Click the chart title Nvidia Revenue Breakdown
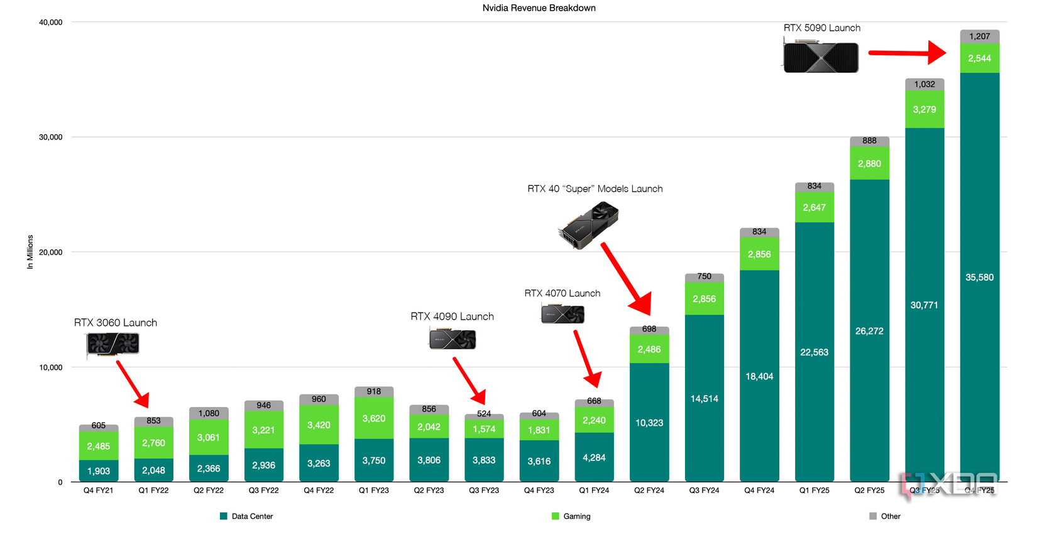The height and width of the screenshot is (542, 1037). [x=539, y=8]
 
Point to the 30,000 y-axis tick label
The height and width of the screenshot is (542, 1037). [x=51, y=138]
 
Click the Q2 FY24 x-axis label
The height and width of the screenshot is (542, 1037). [x=649, y=491]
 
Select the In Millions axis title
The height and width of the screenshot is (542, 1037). [x=30, y=252]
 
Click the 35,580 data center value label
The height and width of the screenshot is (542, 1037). [x=979, y=278]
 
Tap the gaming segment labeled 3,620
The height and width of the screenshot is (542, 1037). [x=374, y=418]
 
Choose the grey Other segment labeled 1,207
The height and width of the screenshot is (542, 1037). [x=979, y=36]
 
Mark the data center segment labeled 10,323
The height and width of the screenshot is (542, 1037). [x=649, y=423]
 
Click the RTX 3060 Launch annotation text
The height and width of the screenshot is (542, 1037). [x=116, y=323]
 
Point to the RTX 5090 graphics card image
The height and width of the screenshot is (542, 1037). [x=820, y=57]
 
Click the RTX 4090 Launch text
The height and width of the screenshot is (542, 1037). [x=452, y=317]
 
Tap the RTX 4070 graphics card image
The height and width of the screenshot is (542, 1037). [x=562, y=313]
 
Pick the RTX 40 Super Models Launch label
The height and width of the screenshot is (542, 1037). [x=595, y=189]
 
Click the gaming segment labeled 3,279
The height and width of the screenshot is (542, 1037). [x=925, y=109]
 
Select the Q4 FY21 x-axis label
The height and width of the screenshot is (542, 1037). [x=99, y=491]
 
